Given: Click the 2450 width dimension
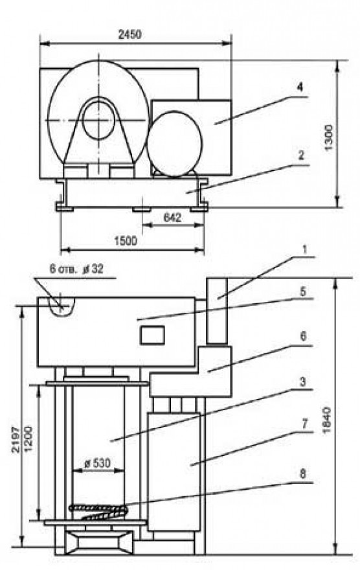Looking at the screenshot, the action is (x=129, y=34).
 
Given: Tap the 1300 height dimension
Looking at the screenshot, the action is (x=328, y=137).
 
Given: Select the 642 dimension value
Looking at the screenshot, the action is (x=172, y=218).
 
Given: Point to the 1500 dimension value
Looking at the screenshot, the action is (x=126, y=241).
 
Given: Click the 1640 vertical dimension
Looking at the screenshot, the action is (x=326, y=420).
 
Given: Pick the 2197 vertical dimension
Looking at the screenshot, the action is (x=16, y=439).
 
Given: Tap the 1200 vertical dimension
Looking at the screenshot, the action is (x=28, y=439).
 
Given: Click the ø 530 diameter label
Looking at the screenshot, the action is (x=97, y=463).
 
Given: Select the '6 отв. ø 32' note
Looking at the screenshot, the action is (x=76, y=269).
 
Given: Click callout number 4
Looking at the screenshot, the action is (x=300, y=87).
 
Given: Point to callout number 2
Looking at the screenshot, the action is (x=301, y=155).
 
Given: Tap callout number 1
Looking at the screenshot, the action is (x=304, y=249).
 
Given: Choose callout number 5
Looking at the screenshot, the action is (x=303, y=291).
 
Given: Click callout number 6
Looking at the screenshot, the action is (x=303, y=336).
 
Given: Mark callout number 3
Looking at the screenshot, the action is (x=302, y=382).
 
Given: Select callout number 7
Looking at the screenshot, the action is (x=304, y=424).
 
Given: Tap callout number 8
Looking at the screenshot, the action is (x=303, y=473).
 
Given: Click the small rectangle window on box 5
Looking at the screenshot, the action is (x=153, y=335).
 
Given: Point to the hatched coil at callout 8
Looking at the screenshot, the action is (x=98, y=511).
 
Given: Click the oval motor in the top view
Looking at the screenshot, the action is (x=174, y=144).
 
